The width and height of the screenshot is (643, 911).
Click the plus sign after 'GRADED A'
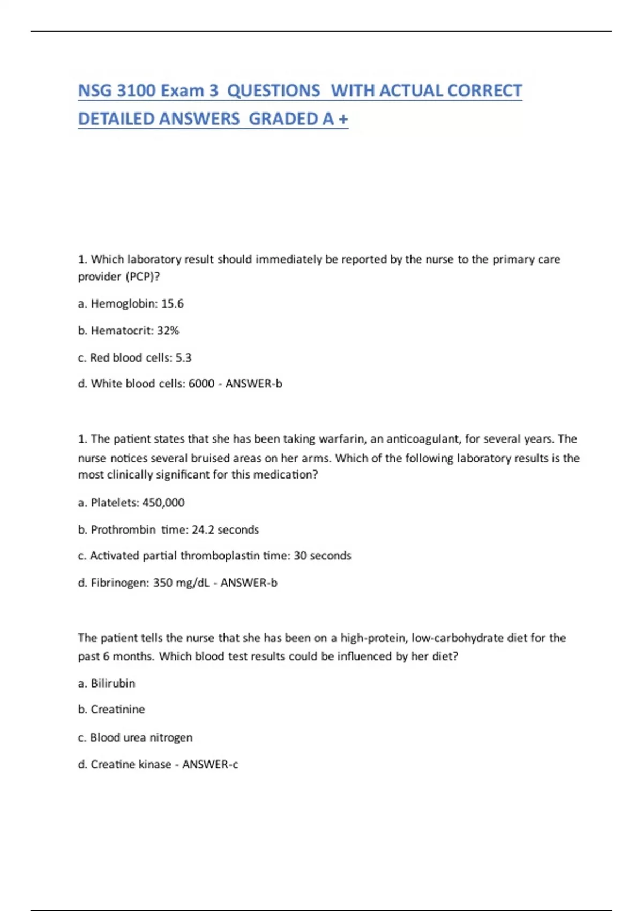coord(343,119)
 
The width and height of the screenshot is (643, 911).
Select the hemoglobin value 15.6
coord(172,303)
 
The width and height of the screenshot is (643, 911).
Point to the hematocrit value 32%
coord(168,331)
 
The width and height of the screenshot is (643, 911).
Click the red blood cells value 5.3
coord(183,357)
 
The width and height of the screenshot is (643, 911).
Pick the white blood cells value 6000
coord(201,384)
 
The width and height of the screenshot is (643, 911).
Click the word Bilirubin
coord(113,683)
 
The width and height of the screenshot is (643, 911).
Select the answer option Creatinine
coord(117,710)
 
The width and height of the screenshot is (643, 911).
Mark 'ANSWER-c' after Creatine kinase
coord(210,764)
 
